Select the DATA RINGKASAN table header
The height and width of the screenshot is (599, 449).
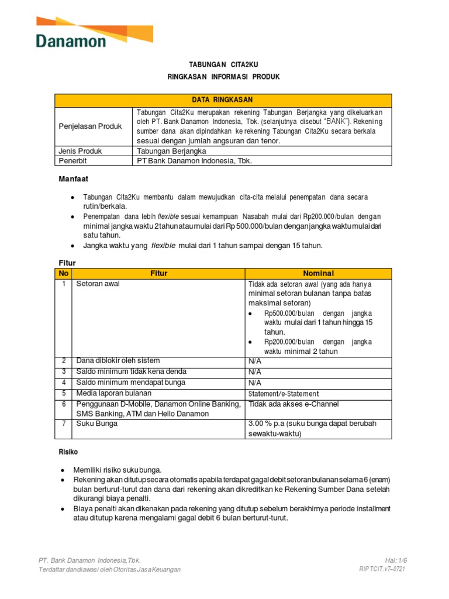pyautogui.click(x=223, y=100)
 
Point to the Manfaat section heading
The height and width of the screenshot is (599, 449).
pyautogui.click(x=73, y=179)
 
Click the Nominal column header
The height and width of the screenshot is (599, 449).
pyautogui.click(x=318, y=273)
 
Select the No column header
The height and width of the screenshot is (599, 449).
pyautogui.click(x=63, y=273)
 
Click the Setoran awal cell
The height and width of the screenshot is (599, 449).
pyautogui.click(x=97, y=284)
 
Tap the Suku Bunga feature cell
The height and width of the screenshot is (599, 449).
pyautogui.click(x=96, y=424)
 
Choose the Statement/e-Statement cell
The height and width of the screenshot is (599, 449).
pyautogui.click(x=284, y=394)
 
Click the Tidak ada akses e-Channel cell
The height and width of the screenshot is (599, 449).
pyautogui.click(x=293, y=404)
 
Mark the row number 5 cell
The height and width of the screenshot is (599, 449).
pyautogui.click(x=63, y=394)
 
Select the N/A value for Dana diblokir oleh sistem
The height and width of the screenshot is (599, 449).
pyautogui.click(x=255, y=361)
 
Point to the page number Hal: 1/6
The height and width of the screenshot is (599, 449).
pyautogui.click(x=396, y=560)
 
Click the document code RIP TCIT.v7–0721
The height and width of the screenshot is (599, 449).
pyautogui.click(x=382, y=569)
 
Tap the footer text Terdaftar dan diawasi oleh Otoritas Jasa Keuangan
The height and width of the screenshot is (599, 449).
pyautogui.click(x=109, y=569)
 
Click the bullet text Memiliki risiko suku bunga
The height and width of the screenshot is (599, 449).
pyautogui.click(x=117, y=470)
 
